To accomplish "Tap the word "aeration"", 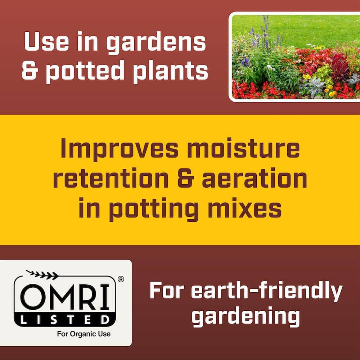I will (255, 179).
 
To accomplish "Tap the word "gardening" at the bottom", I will (246, 317).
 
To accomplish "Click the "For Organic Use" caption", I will (84, 334).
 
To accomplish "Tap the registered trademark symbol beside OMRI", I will (121, 279).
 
